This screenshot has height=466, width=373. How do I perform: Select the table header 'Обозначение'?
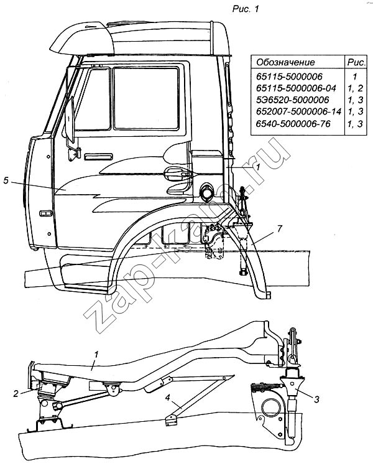coord(285,62)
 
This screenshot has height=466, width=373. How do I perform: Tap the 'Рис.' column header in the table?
coord(356,62)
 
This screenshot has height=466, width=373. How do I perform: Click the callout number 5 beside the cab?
coord(6,181)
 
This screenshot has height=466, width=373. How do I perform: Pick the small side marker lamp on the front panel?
coord(45,213)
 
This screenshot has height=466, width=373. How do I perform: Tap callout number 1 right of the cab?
coord(257,167)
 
